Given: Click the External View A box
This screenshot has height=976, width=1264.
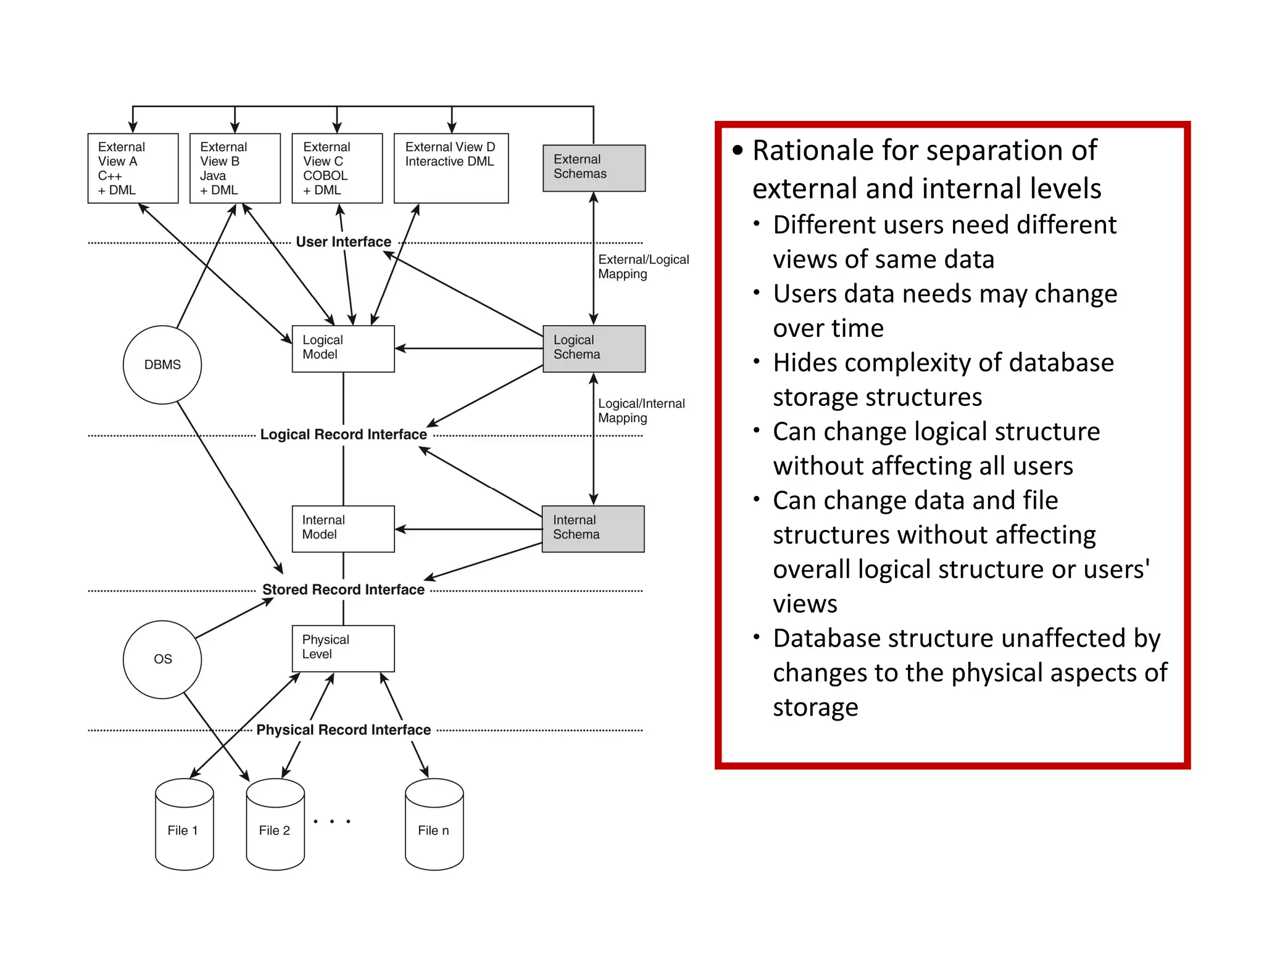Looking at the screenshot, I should [x=133, y=168].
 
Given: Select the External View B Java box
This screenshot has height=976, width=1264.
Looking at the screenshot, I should [x=235, y=168].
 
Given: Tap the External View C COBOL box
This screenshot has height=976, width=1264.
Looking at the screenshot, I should [x=337, y=168].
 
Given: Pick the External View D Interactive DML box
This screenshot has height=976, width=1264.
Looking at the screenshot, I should [x=451, y=168].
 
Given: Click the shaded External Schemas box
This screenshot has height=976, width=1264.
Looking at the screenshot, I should [x=594, y=168].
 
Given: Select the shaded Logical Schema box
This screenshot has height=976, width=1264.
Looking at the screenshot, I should [x=594, y=349].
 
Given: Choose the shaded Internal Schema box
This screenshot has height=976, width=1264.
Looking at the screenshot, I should [x=592, y=529].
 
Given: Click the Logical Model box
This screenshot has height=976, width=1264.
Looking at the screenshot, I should [x=343, y=349].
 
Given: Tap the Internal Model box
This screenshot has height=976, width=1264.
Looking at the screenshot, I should [x=343, y=529].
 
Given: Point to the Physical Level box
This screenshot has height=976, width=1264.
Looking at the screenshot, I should [x=343, y=648].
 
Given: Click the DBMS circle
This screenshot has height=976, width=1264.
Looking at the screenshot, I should [x=162, y=365].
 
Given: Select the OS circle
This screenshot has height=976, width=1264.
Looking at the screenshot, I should [x=162, y=659].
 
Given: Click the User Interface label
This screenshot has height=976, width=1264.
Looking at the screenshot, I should [x=343, y=242].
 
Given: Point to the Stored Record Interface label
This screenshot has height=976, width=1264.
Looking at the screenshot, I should [x=343, y=590].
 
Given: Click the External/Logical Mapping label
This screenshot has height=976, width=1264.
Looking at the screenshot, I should [x=642, y=267].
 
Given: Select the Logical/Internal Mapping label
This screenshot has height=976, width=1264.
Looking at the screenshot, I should [x=641, y=410].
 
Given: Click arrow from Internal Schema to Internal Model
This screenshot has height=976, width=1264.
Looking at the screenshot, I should [x=469, y=529].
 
